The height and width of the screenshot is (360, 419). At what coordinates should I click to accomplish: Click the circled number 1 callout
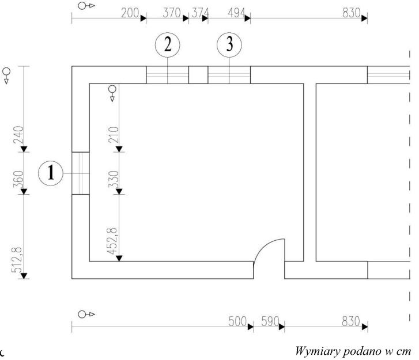tap(51, 173)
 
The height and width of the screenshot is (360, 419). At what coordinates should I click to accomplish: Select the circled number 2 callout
tap(168, 45)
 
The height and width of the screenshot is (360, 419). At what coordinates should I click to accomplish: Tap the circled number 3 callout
tap(229, 45)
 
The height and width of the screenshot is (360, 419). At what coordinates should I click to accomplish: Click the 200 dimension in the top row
tap(130, 13)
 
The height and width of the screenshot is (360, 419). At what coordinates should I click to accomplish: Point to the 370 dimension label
tap(172, 13)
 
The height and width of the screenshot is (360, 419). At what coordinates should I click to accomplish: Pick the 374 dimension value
tap(201, 13)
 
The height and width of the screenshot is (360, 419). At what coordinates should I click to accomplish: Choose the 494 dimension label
tap(237, 13)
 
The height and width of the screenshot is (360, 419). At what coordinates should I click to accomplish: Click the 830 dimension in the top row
tap(352, 13)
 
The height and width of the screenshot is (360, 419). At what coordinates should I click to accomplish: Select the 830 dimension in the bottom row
tap(351, 321)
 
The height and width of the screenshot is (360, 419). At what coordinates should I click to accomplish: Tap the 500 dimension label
tap(237, 321)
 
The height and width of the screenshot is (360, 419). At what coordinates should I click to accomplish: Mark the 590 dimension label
tap(270, 321)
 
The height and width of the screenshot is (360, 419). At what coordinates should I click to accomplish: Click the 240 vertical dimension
tap(18, 135)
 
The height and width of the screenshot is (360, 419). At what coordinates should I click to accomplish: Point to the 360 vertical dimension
tap(18, 179)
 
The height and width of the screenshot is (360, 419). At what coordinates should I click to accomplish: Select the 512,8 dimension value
tap(17, 260)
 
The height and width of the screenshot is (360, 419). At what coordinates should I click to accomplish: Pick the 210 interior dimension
tap(114, 135)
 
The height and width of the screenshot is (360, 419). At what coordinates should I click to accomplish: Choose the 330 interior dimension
tap(114, 179)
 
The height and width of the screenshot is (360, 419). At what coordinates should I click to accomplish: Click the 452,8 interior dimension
tap(112, 241)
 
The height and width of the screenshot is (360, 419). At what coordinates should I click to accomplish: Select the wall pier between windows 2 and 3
tap(198, 75)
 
